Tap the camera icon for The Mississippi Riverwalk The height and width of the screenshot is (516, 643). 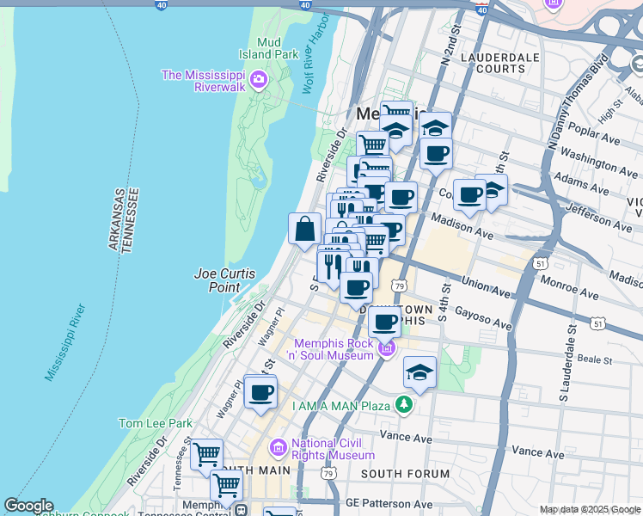pos(259,82)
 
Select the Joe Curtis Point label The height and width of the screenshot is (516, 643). pos(224,280)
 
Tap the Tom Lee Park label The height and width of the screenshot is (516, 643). pos(155,423)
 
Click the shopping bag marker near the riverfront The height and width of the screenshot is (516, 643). pos(305,229)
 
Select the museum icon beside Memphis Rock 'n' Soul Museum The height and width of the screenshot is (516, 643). pos(387,348)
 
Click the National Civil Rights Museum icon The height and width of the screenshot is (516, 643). pos(278,447)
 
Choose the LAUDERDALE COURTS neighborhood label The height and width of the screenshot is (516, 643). pos(493,63)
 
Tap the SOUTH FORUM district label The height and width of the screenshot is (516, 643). pos(405,474)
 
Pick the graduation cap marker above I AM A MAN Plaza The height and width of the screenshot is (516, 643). pos(419,372)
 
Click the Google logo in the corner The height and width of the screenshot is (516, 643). pos(28,506)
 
